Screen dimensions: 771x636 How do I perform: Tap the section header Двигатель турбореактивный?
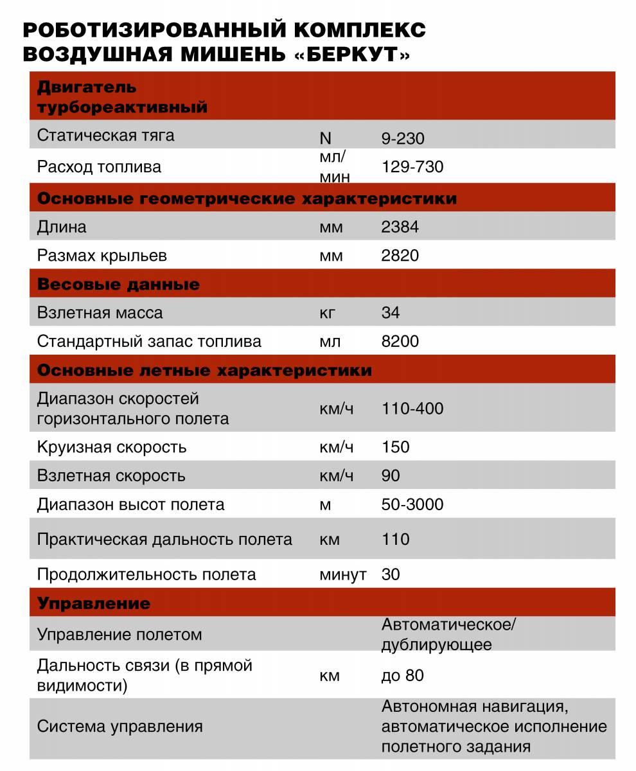(122, 96)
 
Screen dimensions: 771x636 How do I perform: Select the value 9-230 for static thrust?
(403, 138)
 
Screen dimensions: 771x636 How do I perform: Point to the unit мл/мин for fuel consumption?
(334, 167)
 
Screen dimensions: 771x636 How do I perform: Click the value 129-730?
(412, 167)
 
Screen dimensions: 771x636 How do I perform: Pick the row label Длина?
(62, 227)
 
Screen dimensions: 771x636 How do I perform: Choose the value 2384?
(400, 227)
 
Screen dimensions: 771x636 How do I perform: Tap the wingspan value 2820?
(400, 256)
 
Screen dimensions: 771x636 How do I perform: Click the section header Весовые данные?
(119, 284)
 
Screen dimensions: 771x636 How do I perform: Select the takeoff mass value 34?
(391, 313)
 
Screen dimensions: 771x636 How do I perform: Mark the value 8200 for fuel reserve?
(400, 341)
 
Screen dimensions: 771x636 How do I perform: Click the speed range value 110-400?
(412, 409)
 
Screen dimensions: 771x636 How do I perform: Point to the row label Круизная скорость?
(112, 447)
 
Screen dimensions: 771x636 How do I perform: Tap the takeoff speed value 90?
(391, 475)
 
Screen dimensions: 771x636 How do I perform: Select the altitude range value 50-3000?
(412, 504)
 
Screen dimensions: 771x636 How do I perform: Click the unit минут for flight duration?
(342, 574)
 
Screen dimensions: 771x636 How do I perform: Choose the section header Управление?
(94, 603)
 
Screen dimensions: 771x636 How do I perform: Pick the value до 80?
(403, 676)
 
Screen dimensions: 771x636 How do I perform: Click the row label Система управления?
(120, 727)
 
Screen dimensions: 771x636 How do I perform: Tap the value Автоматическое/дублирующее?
(449, 634)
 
